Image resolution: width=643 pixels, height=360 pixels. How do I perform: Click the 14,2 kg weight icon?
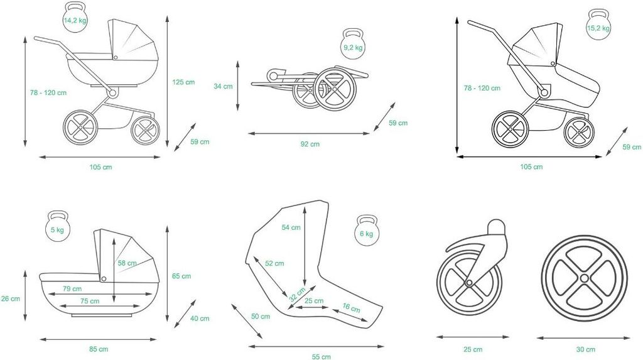[75, 19]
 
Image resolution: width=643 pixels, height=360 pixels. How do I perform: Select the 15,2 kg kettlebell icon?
[598, 27]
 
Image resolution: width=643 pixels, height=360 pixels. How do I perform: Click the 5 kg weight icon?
[57, 229]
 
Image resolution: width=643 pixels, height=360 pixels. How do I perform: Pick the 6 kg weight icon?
[366, 232]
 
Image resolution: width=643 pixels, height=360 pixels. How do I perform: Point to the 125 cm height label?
[183, 82]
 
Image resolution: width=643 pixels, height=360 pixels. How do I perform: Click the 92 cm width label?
[310, 144]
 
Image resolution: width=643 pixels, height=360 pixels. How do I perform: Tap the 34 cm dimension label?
[223, 86]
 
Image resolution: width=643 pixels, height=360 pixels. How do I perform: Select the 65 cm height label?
[181, 276]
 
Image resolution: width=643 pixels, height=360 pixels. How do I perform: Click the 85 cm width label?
[99, 349]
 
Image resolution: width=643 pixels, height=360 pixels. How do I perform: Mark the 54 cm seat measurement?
[291, 227]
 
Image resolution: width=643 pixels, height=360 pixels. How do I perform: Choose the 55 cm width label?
[321, 357]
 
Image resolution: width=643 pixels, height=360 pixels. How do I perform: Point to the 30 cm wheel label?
[585, 349]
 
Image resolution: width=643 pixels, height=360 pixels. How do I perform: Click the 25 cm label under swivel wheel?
[473, 349]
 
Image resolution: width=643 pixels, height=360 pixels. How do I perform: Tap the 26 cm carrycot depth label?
[11, 298]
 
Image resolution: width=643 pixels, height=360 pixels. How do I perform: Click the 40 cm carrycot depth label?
[200, 319]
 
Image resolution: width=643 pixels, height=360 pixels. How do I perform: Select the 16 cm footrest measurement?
[352, 308]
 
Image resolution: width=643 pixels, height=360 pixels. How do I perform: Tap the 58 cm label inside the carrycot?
[127, 263]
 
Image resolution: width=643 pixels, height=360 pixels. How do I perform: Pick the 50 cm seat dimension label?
[261, 316]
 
